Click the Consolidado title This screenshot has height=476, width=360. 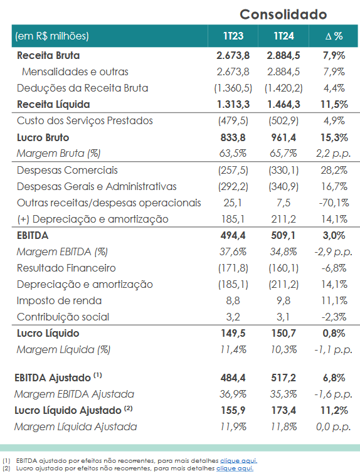tap(283, 14)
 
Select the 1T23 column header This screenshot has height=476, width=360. tap(233, 36)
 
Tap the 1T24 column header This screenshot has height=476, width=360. tap(284, 36)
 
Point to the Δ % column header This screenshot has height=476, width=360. tap(334, 36)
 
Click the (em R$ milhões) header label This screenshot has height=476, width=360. tap(52, 36)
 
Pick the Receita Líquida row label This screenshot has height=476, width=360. tap(53, 105)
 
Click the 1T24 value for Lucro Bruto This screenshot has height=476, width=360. tap(283, 137)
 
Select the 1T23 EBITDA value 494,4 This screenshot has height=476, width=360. tap(233, 236)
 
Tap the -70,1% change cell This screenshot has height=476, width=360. tap(334, 203)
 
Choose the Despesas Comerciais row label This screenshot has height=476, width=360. tap(67, 171)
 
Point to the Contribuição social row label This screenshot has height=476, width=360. tap(63, 317)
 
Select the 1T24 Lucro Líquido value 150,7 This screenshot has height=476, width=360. tap(283, 333)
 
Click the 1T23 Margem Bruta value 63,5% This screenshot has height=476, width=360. tap(233, 153)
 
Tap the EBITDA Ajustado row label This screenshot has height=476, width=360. tap(58, 378)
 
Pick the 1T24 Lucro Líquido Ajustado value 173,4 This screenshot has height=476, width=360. tap(283, 410)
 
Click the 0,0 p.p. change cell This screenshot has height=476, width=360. tap(333, 427)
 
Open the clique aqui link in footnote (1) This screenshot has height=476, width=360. tap(238, 461)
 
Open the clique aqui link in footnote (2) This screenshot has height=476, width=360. tap(235, 468)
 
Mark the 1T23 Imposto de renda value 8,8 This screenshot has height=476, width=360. tap(233, 300)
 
